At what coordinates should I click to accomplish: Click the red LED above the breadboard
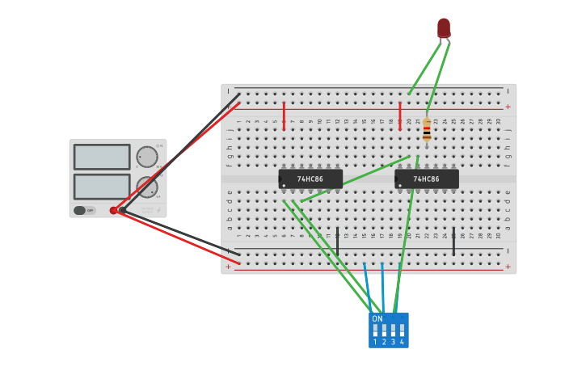pos(444,27)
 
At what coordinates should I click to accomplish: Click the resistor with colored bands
pos(427,130)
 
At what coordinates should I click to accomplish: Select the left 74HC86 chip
pos(310,179)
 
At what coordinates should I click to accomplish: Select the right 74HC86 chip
pos(427,179)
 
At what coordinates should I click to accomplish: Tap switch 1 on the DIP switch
pos(375,330)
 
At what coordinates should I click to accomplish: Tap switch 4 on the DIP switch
pos(402,330)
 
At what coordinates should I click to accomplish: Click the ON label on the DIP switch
pos(377,319)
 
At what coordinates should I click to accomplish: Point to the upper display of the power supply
pos(102,157)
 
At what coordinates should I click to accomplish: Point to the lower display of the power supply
pos(102,187)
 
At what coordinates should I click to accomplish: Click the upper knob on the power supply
pos(147,157)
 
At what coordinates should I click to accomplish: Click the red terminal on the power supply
pos(113,210)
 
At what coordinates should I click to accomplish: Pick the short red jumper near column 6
pos(284,116)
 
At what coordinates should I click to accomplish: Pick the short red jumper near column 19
pos(400,116)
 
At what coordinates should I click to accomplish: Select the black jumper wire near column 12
pos(337,241)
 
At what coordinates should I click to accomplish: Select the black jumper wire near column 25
pos(453,241)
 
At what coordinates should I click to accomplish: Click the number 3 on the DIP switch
pos(393,343)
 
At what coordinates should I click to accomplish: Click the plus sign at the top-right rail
pos(508,107)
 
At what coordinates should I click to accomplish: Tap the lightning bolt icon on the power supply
pos(158,210)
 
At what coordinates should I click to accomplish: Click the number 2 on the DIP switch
pos(384,343)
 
